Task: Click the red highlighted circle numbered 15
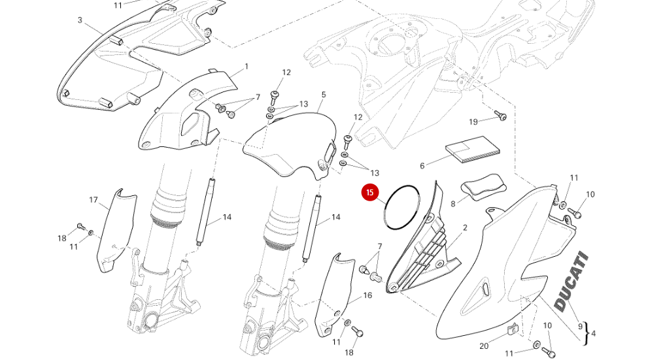click(370, 193)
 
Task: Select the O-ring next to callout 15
click(401, 208)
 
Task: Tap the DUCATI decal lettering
click(571, 282)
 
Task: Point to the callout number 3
click(80, 20)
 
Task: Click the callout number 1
click(246, 67)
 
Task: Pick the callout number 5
click(323, 95)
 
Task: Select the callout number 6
click(422, 166)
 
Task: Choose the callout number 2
click(465, 228)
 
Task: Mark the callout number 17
click(93, 200)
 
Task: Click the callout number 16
click(367, 295)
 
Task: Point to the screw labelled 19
click(501, 116)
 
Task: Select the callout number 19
click(474, 122)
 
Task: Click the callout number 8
click(452, 205)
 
